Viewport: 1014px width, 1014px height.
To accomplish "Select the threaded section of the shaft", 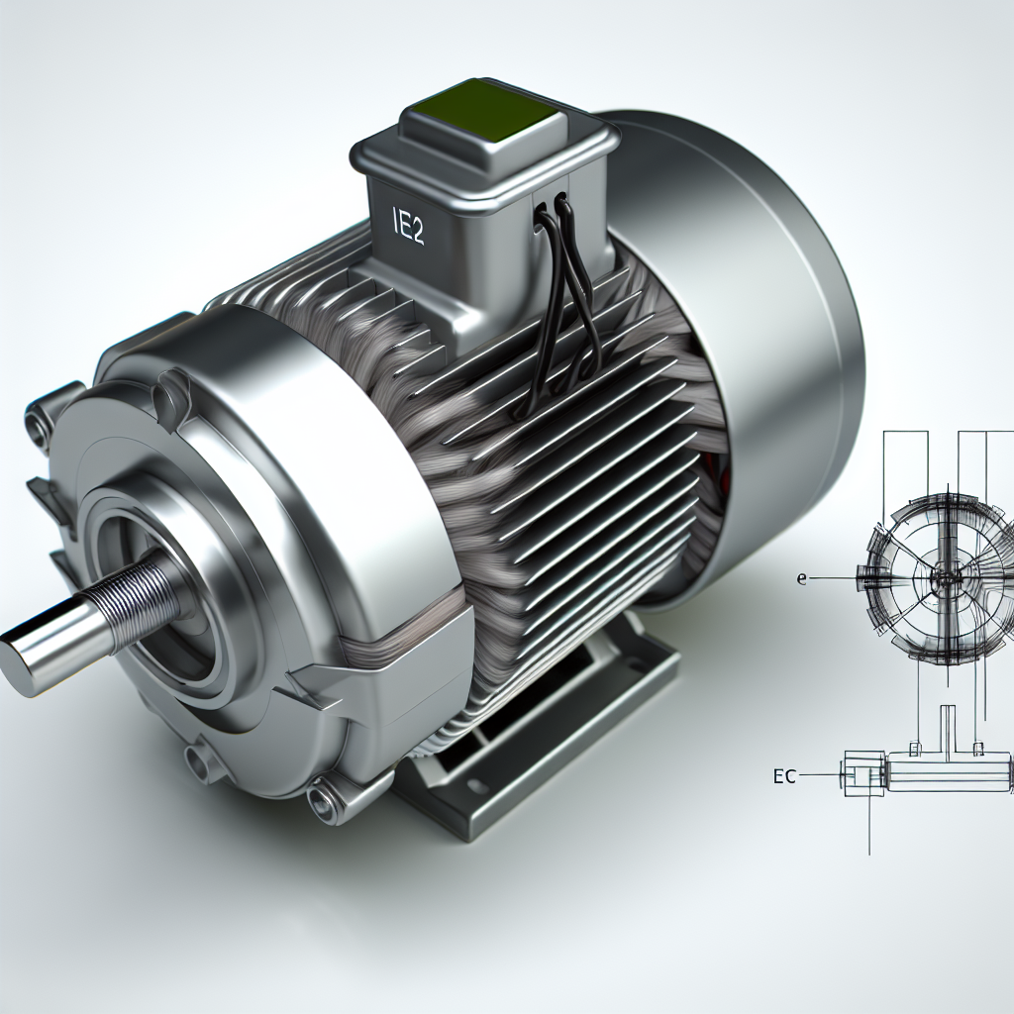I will click(x=139, y=594).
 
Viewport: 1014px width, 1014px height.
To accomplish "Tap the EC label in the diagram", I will click(x=784, y=777).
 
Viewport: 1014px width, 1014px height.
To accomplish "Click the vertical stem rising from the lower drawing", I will click(x=948, y=728).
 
